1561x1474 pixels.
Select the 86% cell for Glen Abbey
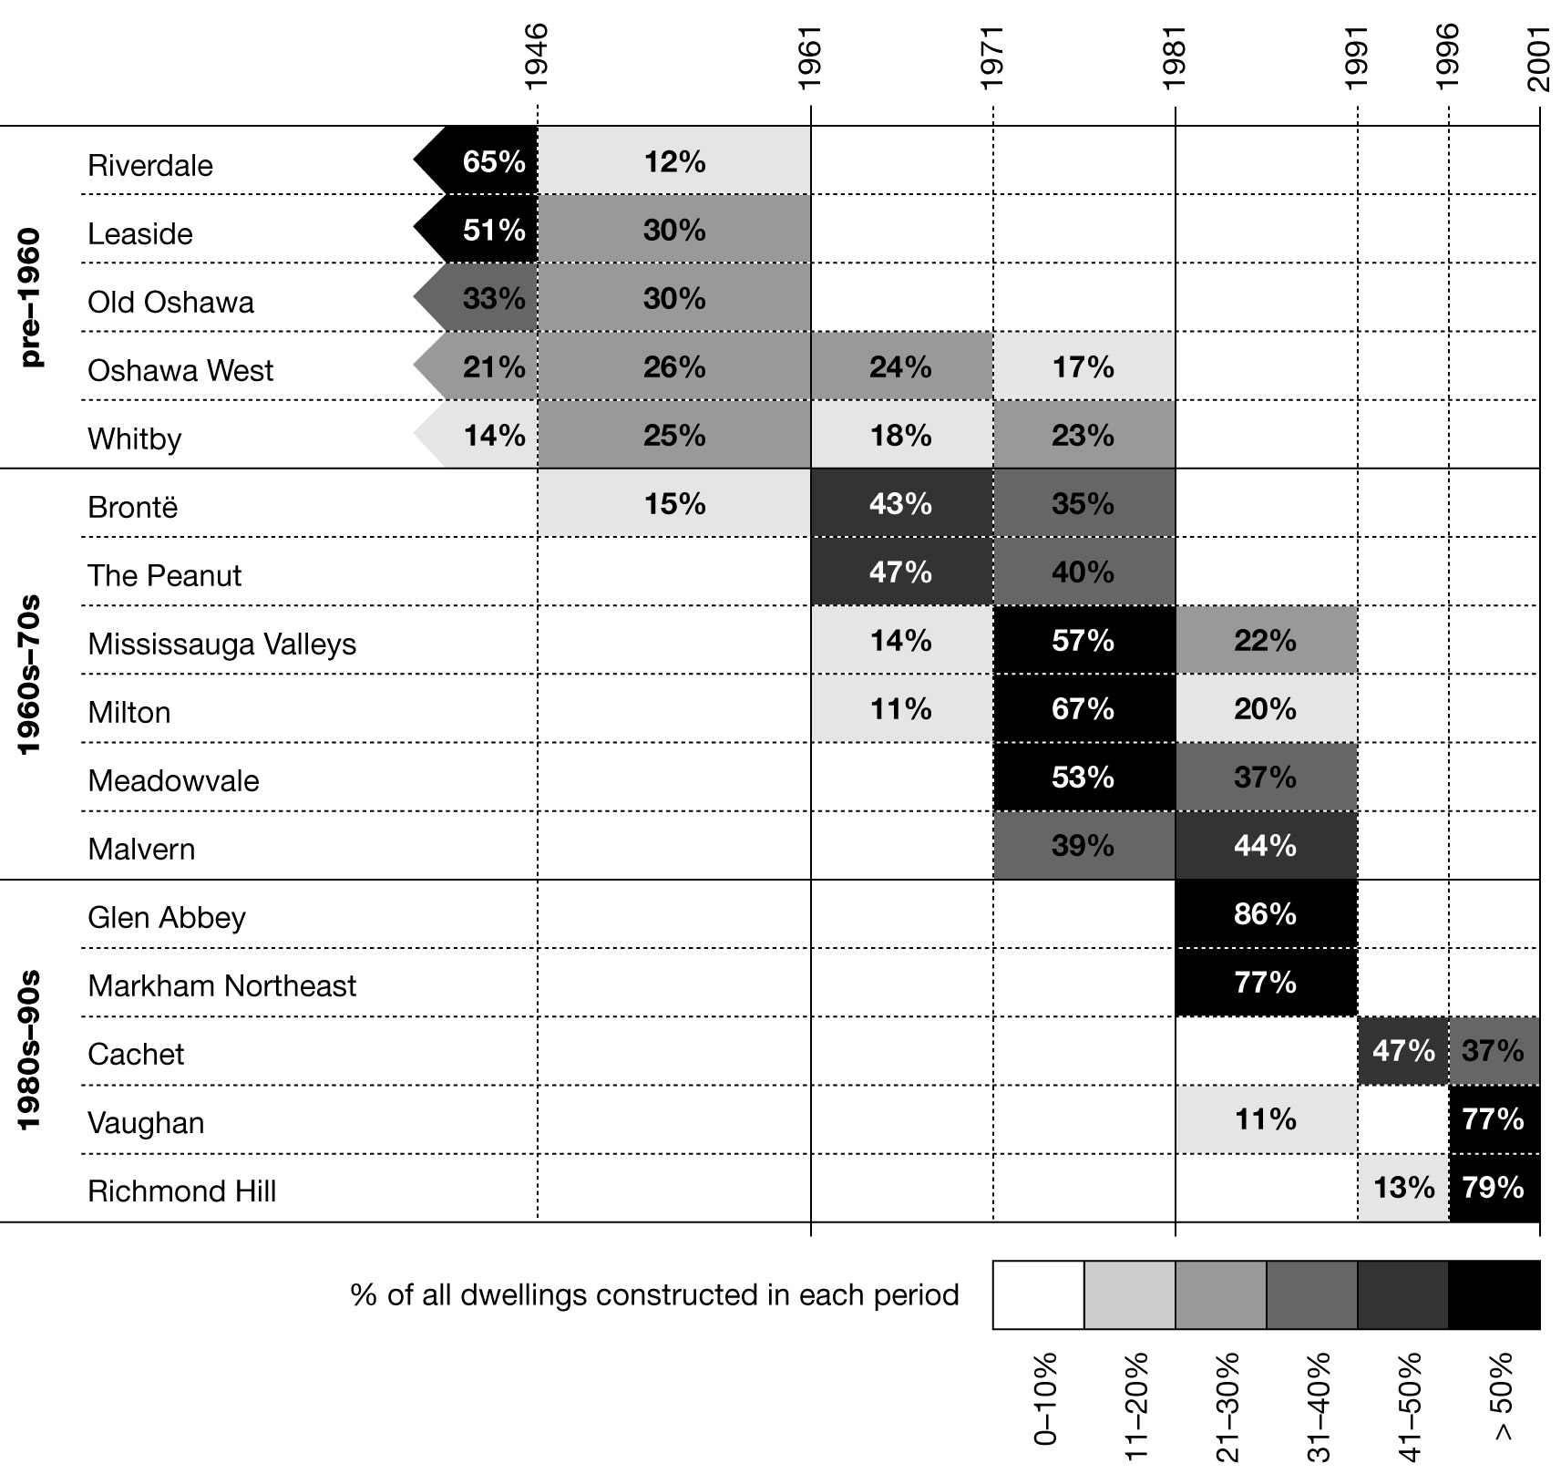point(1265,914)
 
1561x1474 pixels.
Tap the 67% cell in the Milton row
point(1083,709)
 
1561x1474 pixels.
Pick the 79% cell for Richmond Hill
point(1493,1188)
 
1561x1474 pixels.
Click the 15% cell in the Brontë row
point(674,504)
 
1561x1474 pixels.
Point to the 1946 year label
point(537,57)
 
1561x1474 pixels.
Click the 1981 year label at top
point(1175,57)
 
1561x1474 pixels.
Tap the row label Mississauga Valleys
point(221,644)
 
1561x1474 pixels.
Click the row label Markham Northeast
point(221,986)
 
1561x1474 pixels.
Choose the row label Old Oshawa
point(170,303)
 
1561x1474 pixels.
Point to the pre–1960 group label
point(30,297)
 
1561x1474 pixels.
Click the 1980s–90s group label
point(30,1050)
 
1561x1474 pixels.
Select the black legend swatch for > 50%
point(1494,1295)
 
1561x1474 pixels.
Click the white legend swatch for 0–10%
point(1038,1295)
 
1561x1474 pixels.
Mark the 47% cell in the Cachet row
point(1402,1051)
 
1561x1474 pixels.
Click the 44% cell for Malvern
point(1265,846)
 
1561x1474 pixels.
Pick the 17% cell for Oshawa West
point(1083,367)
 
